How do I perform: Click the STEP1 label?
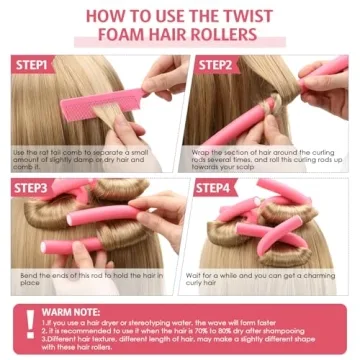pyautogui.click(x=33, y=65)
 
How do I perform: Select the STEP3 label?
pyautogui.click(x=33, y=187)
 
